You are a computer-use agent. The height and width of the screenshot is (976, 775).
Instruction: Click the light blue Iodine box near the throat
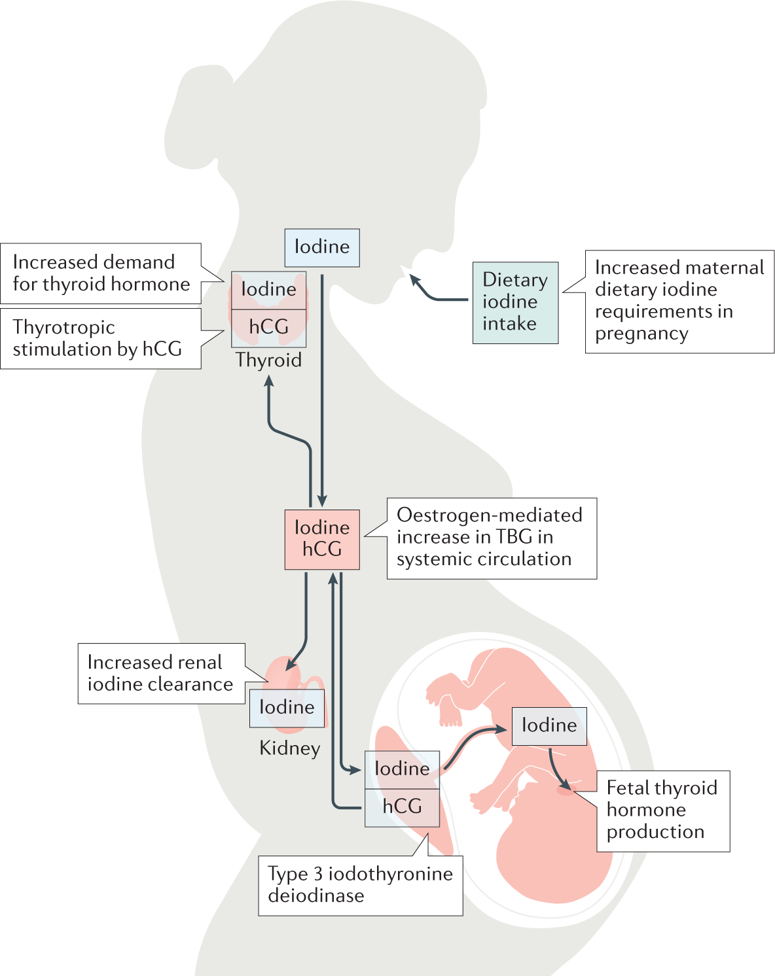click(x=321, y=247)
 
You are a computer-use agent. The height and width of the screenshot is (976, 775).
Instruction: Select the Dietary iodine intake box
click(x=515, y=302)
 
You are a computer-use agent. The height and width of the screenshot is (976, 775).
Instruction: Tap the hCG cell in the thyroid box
click(x=268, y=327)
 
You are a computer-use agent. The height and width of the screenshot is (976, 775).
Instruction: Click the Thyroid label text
click(x=268, y=360)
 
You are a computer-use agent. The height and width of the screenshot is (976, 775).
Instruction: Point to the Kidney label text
click(x=289, y=748)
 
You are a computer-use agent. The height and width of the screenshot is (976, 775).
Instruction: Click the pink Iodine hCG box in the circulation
click(x=321, y=539)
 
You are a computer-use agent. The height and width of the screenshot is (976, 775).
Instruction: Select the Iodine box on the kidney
click(x=287, y=708)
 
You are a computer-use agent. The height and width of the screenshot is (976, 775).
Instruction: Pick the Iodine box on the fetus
click(x=549, y=725)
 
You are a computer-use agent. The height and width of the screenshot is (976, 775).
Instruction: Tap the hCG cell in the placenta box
click(x=402, y=807)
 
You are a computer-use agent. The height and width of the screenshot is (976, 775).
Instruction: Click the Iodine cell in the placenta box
click(x=402, y=769)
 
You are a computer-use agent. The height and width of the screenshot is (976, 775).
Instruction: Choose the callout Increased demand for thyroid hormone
click(x=101, y=273)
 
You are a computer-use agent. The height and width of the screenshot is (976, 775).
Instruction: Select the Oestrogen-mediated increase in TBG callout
click(x=491, y=538)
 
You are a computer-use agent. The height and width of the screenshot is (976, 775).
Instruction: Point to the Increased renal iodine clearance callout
click(x=160, y=673)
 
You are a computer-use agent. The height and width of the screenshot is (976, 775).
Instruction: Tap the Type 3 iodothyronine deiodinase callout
click(x=360, y=885)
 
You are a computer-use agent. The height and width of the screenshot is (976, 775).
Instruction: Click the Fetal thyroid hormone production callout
click(x=662, y=810)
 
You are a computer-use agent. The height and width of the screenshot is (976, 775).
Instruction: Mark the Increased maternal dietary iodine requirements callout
click(x=679, y=301)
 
